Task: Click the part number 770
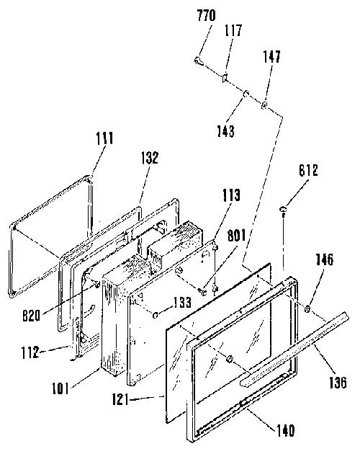coord(207,16)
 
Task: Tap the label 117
coord(233,30)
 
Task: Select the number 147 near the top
coord(271,56)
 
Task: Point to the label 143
coord(226,131)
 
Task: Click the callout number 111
coord(104,138)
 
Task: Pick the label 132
coord(150,158)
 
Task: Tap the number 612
coord(308,170)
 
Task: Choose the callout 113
coord(231,195)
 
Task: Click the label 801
coord(236,235)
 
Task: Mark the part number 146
coord(324,259)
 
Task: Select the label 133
coord(182,302)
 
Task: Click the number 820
coord(31,316)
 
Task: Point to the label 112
coord(30,352)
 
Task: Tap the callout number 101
coord(60,388)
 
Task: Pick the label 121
coord(120,400)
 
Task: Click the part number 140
coord(285,430)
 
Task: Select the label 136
coord(338,382)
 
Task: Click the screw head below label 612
coord(283,209)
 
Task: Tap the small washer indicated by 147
coord(264,104)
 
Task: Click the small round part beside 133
coord(156,315)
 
